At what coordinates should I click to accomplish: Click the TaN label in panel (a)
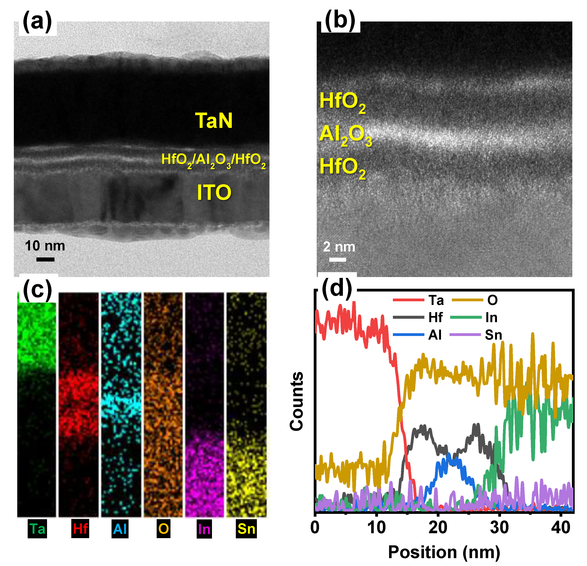pyautogui.click(x=213, y=121)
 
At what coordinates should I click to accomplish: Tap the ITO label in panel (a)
pyautogui.click(x=214, y=192)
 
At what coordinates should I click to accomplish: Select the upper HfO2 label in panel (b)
pyautogui.click(x=342, y=102)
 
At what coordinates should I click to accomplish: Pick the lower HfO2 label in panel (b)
pyautogui.click(x=342, y=168)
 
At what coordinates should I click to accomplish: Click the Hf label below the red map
pyautogui.click(x=80, y=529)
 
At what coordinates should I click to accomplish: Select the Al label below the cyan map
pyautogui.click(x=120, y=529)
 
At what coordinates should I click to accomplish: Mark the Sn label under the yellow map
pyautogui.click(x=246, y=529)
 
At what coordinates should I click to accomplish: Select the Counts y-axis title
pyautogui.click(x=296, y=401)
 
